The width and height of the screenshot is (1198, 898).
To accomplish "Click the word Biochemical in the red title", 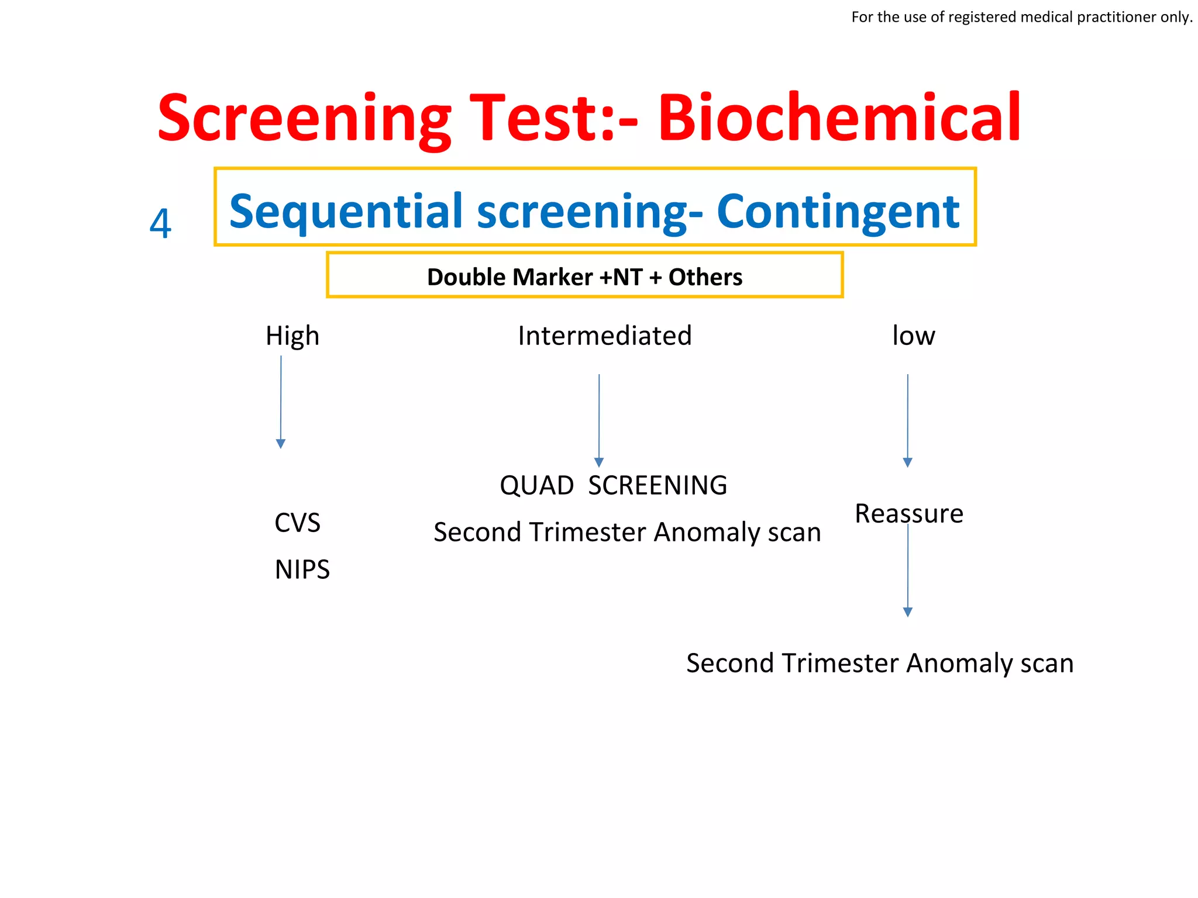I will pyautogui.click(x=839, y=118).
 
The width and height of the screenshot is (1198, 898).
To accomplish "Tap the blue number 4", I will pyautogui.click(x=160, y=223).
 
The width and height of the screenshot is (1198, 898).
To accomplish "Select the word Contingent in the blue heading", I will pyautogui.click(x=838, y=211).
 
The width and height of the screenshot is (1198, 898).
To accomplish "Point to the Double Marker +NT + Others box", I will pyautogui.click(x=584, y=276).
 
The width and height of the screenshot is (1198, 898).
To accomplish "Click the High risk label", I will pyautogui.click(x=292, y=336).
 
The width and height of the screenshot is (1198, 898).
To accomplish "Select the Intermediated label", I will pyautogui.click(x=605, y=336).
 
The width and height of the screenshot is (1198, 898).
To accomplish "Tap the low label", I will pyautogui.click(x=913, y=336).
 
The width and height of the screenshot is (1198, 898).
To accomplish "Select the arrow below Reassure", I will pyautogui.click(x=908, y=570).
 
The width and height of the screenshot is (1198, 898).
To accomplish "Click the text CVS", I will pyautogui.click(x=297, y=523).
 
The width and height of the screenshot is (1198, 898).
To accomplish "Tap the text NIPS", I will pyautogui.click(x=302, y=569).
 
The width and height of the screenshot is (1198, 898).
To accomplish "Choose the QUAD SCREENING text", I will pyautogui.click(x=613, y=485).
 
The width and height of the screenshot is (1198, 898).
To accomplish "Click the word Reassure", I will pyautogui.click(x=908, y=513).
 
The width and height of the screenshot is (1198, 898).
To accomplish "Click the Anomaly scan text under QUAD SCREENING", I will pyautogui.click(x=627, y=532).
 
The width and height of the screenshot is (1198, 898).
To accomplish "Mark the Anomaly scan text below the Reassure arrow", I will pyautogui.click(x=880, y=663).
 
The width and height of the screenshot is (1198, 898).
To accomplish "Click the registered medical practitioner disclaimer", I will pyautogui.click(x=1021, y=17).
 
